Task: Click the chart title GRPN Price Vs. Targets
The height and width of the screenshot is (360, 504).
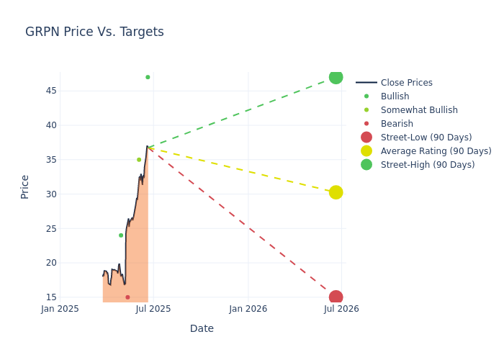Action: (94, 32)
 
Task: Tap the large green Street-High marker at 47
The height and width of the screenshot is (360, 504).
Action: (336, 77)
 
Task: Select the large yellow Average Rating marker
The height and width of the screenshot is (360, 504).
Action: (336, 192)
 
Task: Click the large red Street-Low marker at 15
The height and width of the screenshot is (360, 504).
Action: (336, 297)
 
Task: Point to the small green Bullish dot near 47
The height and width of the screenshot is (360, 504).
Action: (148, 77)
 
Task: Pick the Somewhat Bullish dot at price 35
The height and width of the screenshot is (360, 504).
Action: (139, 160)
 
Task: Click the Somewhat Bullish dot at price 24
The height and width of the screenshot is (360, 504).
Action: (121, 235)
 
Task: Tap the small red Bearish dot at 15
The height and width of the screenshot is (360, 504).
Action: (127, 297)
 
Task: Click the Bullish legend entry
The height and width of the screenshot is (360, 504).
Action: (395, 96)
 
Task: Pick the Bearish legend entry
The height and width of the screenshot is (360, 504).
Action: (397, 124)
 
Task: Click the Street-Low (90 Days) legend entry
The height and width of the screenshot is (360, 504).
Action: (426, 138)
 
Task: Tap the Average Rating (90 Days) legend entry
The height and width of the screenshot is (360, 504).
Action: (436, 151)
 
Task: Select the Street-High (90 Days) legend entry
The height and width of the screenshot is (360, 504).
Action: (428, 165)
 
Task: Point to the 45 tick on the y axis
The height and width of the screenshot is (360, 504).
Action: (51, 91)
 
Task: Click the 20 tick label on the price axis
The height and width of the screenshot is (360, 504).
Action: (51, 263)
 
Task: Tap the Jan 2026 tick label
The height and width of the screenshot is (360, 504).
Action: (248, 309)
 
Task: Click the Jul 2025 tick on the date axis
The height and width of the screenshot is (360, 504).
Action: (154, 309)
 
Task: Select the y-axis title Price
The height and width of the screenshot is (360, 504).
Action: (25, 186)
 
